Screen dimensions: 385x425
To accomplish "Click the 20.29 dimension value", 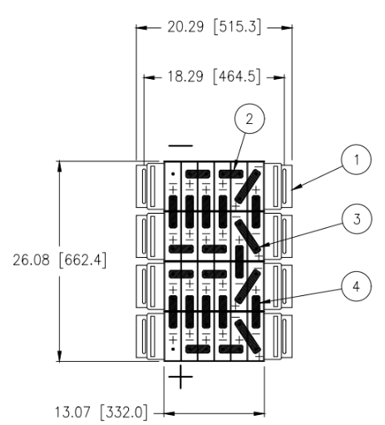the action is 185,27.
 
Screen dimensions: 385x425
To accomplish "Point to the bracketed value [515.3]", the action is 237,27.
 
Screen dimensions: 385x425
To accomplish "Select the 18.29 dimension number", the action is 185,77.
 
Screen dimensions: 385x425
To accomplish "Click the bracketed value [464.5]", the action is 237,77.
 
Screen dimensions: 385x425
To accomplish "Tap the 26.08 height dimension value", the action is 31,260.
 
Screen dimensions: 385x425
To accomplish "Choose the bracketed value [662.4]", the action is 82,260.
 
